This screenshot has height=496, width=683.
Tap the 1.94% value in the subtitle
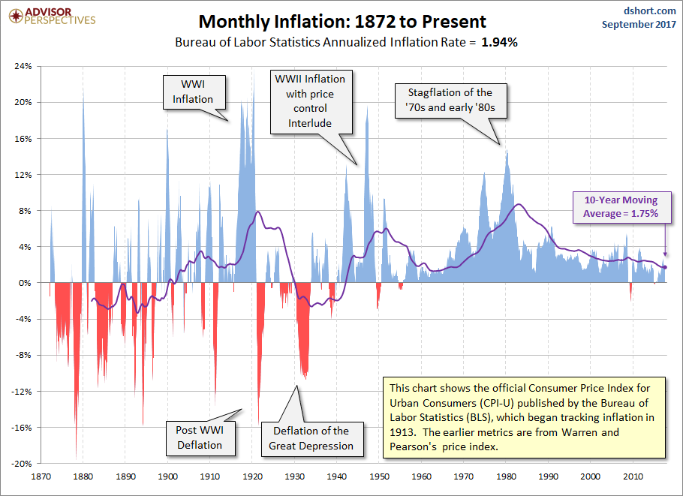(x=499, y=43)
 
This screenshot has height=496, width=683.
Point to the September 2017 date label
(x=639, y=24)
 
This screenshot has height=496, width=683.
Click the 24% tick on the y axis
(x=23, y=66)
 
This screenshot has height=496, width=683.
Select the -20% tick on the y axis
(x=21, y=463)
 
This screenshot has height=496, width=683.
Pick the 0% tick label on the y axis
(x=25, y=283)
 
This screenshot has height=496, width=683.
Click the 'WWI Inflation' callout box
(x=193, y=92)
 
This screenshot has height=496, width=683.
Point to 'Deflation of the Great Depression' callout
(x=311, y=438)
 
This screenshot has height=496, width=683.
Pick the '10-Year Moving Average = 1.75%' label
(x=621, y=206)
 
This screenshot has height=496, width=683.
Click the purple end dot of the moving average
(x=664, y=267)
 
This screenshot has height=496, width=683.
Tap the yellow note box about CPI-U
(x=524, y=417)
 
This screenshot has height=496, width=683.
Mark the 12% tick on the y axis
(x=23, y=174)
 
